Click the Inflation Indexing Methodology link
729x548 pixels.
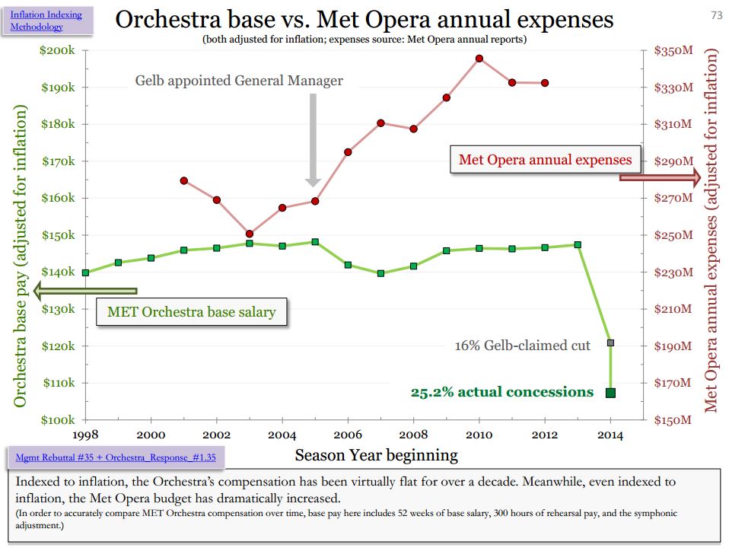pyautogui.click(x=46, y=21)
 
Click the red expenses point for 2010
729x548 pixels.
pyautogui.click(x=479, y=59)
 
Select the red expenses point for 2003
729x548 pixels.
pyautogui.click(x=250, y=234)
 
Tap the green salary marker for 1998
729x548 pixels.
pyautogui.click(x=85, y=272)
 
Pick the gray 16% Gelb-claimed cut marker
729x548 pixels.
pyautogui.click(x=610, y=343)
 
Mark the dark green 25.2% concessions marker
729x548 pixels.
pyautogui.click(x=610, y=393)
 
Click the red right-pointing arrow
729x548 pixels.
pyautogui.click(x=660, y=177)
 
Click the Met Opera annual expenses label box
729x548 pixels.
pyautogui.click(x=545, y=160)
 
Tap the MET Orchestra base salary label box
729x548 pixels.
pyautogui.click(x=191, y=311)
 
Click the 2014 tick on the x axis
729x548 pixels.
pyautogui.click(x=610, y=435)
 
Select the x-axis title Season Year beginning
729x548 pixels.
pyautogui.click(x=376, y=455)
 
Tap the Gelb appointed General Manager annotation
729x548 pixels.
pyautogui.click(x=239, y=80)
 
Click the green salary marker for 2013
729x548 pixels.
pyautogui.click(x=578, y=245)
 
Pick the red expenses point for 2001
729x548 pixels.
pyautogui.click(x=184, y=180)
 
